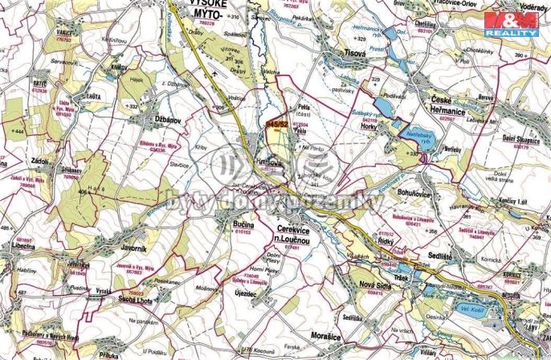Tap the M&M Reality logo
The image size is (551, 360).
513,25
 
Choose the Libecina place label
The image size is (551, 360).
22,247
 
